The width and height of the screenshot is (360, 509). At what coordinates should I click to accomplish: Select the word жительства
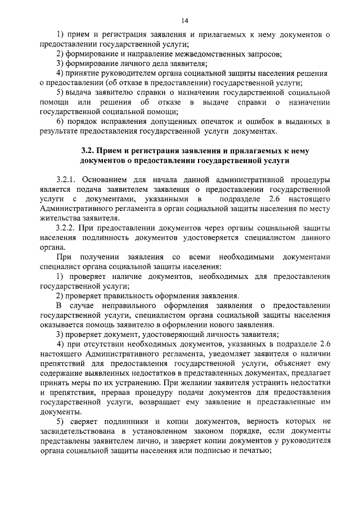pos(59,218)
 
